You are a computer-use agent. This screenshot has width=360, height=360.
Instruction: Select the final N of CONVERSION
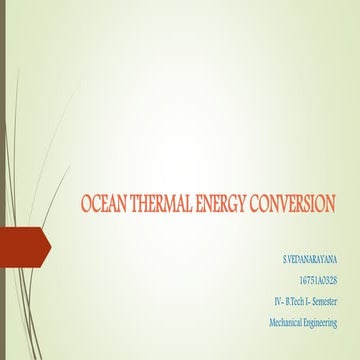(x=331, y=204)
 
